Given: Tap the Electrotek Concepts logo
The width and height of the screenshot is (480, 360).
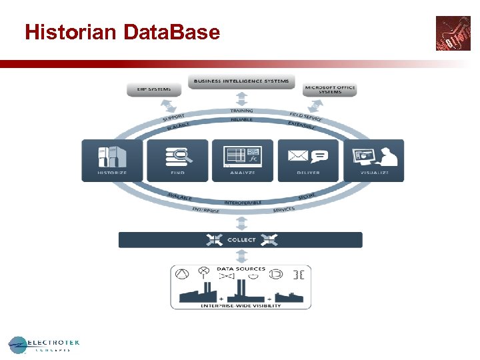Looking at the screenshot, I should coord(44,344).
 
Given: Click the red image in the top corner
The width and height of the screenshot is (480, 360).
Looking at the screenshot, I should coord(453,33).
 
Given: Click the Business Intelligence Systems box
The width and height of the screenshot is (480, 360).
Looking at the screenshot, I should coord(241,82).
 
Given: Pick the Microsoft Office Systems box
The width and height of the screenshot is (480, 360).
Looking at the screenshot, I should coord(330,89).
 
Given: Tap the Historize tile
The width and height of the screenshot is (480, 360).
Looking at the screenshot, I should coord(112,160).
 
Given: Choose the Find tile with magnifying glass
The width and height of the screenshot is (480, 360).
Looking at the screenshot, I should coord(177,160).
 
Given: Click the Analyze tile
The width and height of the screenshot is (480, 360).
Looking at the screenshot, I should coord(242,160).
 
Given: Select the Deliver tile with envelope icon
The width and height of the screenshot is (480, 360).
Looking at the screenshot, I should coord(307,160).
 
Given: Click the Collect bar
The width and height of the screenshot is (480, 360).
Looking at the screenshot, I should coord(241,240).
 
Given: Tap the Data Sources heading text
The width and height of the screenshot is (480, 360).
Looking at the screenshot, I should coord(241,269).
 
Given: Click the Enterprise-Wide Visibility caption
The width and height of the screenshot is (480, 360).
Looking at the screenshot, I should coord(241,306).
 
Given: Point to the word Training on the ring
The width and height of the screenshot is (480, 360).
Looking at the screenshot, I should coord(241,111).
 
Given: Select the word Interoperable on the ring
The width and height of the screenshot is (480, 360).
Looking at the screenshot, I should coord(243,202).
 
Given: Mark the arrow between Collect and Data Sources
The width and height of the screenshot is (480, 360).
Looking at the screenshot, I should coord(241,256).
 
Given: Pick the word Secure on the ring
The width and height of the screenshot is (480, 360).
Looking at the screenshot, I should coord(307,197).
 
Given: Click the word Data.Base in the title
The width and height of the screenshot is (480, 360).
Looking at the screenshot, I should coord(171,32).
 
